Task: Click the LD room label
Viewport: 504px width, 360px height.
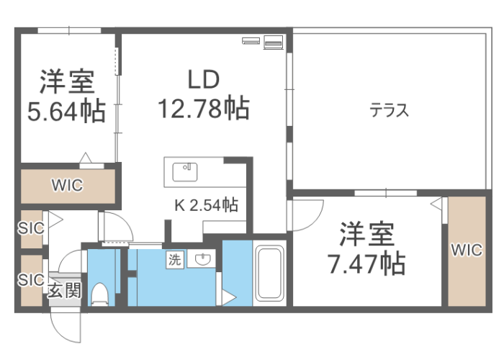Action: (204, 79)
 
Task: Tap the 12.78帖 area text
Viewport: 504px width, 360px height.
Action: (204, 108)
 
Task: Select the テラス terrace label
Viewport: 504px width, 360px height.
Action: (389, 110)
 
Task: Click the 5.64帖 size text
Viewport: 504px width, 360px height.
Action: (66, 111)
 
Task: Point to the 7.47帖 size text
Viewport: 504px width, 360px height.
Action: (366, 264)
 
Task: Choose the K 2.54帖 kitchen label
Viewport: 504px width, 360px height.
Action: (207, 204)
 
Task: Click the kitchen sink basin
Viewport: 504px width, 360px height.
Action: (185, 172)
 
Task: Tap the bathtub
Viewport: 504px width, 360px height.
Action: (270, 273)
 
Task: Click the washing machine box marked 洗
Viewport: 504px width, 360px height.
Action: (175, 259)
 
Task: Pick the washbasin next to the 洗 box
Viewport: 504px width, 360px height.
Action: (202, 258)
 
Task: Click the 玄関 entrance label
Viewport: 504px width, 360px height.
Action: (65, 291)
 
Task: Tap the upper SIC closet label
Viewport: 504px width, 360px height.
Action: (31, 228)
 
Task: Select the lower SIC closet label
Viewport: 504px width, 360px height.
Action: (31, 279)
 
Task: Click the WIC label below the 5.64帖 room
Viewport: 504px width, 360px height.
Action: (67, 185)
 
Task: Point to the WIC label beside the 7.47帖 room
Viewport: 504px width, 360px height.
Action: (467, 250)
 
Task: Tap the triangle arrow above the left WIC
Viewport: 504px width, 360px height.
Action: (86, 158)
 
